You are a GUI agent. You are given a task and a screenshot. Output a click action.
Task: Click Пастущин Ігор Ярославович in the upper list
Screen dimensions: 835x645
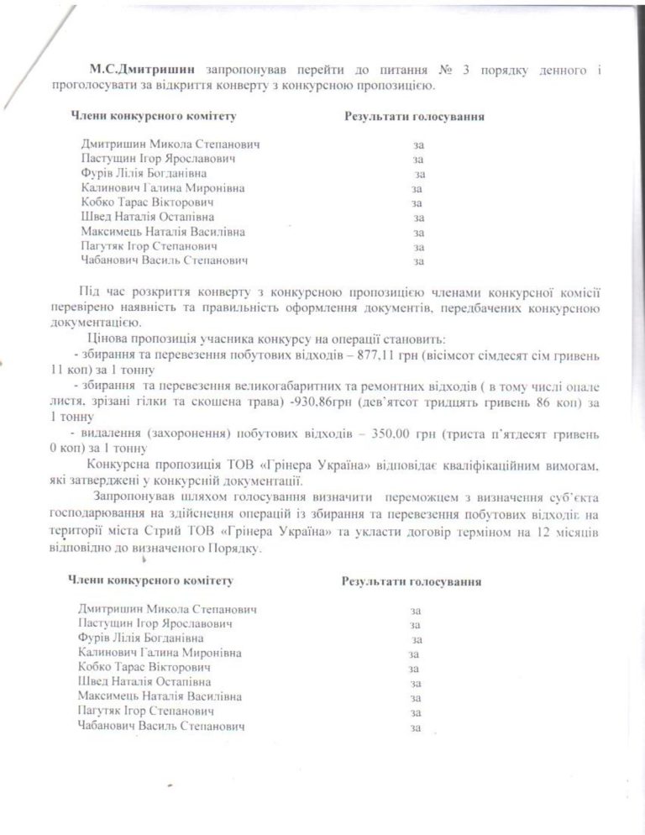157,159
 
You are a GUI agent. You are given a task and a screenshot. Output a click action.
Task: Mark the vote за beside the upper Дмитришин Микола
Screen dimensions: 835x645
418,144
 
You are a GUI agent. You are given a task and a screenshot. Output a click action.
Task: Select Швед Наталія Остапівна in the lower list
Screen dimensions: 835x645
144,681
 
